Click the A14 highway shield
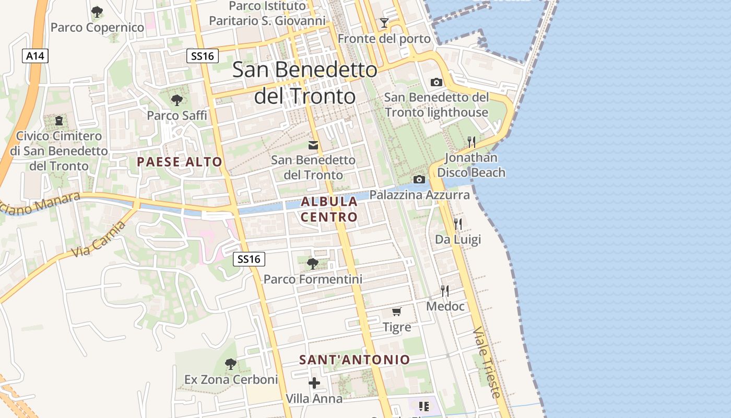click(x=35, y=56)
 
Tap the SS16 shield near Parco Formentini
click(x=249, y=259)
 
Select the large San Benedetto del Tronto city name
click(x=305, y=83)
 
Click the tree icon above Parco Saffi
click(x=176, y=99)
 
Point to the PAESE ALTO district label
click(x=180, y=162)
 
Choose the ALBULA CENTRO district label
click(x=329, y=209)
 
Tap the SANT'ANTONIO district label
click(x=355, y=359)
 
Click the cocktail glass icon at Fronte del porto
click(x=384, y=23)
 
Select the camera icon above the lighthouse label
click(x=436, y=83)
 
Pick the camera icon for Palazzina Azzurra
click(x=419, y=180)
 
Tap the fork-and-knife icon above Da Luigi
click(x=458, y=224)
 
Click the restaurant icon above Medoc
click(x=445, y=291)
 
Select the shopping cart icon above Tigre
click(x=397, y=312)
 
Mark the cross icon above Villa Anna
click(x=314, y=384)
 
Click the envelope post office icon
click(x=313, y=145)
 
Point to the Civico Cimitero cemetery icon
click(x=58, y=121)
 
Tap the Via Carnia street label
click(x=99, y=239)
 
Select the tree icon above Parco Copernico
click(x=97, y=11)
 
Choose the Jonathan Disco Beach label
click(x=471, y=165)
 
